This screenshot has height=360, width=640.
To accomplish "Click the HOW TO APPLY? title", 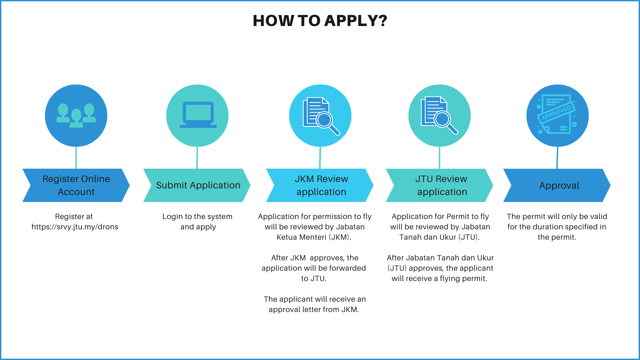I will [320, 21].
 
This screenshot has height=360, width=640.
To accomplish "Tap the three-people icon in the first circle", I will [76, 115].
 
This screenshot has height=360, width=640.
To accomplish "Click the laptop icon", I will [198, 115].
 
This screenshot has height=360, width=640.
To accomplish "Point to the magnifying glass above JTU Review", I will [444, 120].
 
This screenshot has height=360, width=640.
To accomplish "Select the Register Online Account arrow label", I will [76, 185].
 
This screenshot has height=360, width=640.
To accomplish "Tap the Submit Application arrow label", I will [198, 185].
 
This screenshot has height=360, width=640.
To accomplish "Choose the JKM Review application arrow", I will [321, 185].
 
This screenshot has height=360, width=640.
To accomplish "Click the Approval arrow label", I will [559, 185].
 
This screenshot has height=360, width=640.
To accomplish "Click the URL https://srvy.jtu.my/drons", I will [75, 227].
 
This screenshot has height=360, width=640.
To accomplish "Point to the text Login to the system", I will [197, 217].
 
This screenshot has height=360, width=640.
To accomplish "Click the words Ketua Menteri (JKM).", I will [314, 237].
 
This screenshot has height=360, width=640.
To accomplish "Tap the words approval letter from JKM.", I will [314, 310].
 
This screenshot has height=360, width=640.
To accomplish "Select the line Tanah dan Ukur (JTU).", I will [439, 237].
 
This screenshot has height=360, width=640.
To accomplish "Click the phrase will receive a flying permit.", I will [439, 279].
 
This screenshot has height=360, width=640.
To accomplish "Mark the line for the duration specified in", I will [557, 227].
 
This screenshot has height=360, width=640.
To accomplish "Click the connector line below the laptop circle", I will [197, 158].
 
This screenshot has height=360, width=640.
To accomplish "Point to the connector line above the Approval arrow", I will [557, 158].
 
